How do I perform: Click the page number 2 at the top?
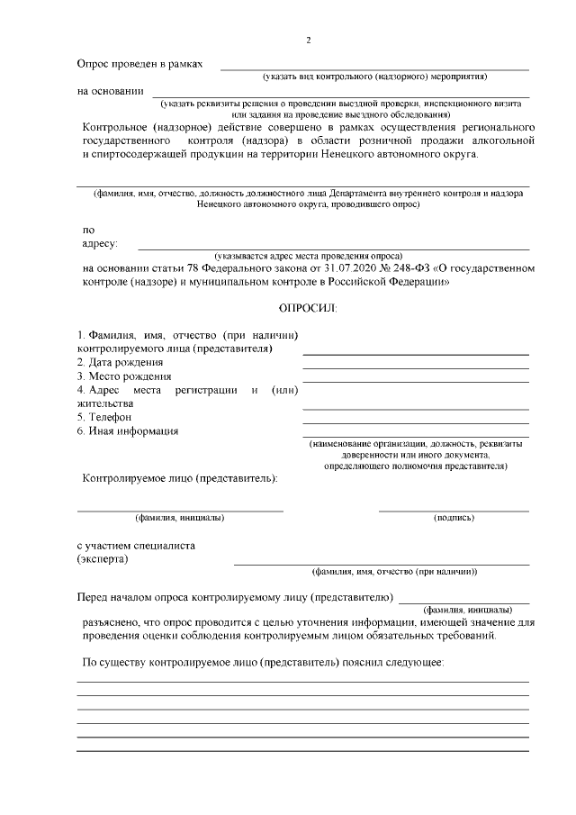pyautogui.click(x=309, y=41)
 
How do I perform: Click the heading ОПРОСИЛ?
pyautogui.click(x=308, y=308)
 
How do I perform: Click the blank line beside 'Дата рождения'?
pyautogui.click(x=415, y=367)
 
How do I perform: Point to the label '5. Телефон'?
pyautogui.click(x=104, y=417)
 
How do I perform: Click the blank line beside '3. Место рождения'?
pyautogui.click(x=415, y=381)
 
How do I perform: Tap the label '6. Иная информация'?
pyautogui.click(x=127, y=430)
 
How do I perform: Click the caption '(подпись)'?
pyautogui.click(x=454, y=518)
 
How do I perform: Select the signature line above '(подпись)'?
pyautogui.click(x=454, y=511)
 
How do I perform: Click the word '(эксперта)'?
pyautogui.click(x=102, y=559)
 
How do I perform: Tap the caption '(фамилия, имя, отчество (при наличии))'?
pyautogui.click(x=393, y=572)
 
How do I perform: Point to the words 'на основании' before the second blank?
pyautogui.click(x=110, y=90)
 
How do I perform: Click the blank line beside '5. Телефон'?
pyautogui.click(x=415, y=422)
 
